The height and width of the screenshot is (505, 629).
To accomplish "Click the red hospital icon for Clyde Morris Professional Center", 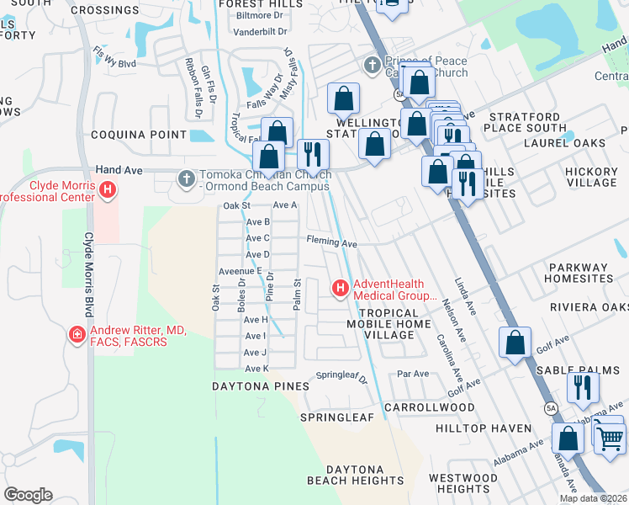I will [107, 191].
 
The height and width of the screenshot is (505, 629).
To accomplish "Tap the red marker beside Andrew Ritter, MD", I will [77, 335].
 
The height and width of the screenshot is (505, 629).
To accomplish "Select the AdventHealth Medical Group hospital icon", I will [341, 290].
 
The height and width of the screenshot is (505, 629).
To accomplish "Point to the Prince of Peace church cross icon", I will [372, 66].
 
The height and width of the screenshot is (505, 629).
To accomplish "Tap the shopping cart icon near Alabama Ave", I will [609, 435].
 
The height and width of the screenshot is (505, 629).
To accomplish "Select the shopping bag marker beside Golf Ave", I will [515, 343].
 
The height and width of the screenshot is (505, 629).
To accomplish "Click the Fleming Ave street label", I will [331, 242].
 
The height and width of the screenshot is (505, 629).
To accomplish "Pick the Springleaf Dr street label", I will [341, 377].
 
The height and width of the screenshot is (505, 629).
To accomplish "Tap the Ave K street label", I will [256, 369].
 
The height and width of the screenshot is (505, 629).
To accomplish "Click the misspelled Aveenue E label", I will [241, 271].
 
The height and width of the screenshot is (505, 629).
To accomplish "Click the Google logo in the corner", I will [28, 494].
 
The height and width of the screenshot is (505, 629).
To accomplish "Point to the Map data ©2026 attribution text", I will [593, 498].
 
